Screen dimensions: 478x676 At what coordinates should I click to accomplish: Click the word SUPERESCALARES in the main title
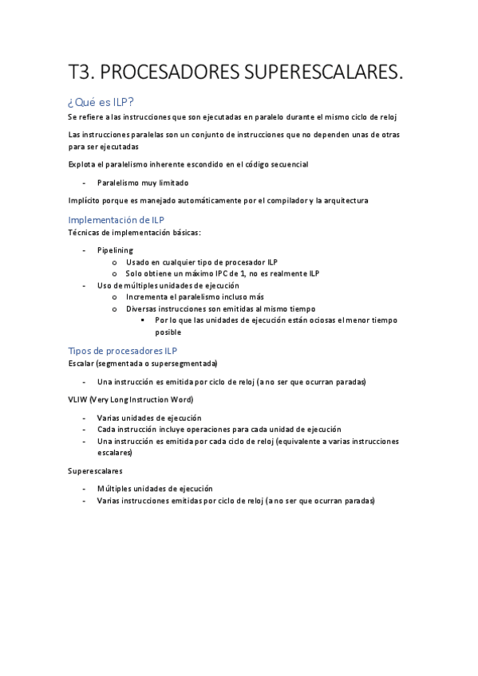[x=314, y=73]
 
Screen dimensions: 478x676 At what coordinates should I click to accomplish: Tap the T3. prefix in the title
[x=81, y=73]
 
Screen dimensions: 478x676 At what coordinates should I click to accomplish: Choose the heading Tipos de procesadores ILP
[x=123, y=350]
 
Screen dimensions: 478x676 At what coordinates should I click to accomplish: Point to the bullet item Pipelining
[x=115, y=250]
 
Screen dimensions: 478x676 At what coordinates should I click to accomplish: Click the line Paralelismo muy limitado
[x=143, y=183]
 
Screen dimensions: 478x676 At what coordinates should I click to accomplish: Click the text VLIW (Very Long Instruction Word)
[x=131, y=399]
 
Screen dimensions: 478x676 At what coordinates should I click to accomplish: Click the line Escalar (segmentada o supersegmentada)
[x=137, y=364]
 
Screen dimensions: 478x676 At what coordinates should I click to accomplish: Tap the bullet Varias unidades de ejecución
[x=149, y=418]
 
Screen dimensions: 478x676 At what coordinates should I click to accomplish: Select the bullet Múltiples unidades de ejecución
[x=155, y=489]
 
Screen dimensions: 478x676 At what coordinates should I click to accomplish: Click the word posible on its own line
[x=168, y=332]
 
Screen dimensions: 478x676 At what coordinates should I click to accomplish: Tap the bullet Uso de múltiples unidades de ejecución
[x=168, y=285]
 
